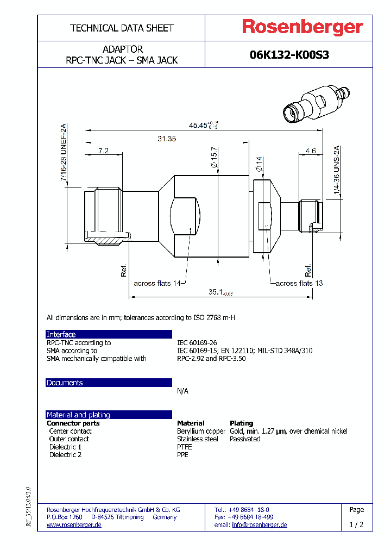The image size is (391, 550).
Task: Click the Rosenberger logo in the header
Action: coord(302,28)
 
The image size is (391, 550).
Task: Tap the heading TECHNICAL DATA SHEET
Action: coord(122,28)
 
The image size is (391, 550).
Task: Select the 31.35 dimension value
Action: coord(167,139)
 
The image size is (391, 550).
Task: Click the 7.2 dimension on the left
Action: coord(103,151)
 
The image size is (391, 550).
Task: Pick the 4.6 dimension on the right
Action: coord(311,151)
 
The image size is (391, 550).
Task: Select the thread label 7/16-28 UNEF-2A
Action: coord(64,153)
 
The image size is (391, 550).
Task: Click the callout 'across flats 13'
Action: coord(299,283)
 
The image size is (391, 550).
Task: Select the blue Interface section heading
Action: coord(61,334)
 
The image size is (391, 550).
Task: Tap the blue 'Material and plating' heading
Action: coord(78,415)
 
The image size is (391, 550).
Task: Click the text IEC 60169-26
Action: coord(197,343)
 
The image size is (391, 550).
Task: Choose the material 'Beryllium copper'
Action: coord(201,431)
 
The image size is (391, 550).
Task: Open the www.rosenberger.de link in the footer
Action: coord(74,525)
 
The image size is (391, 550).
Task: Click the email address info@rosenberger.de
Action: coord(259,525)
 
